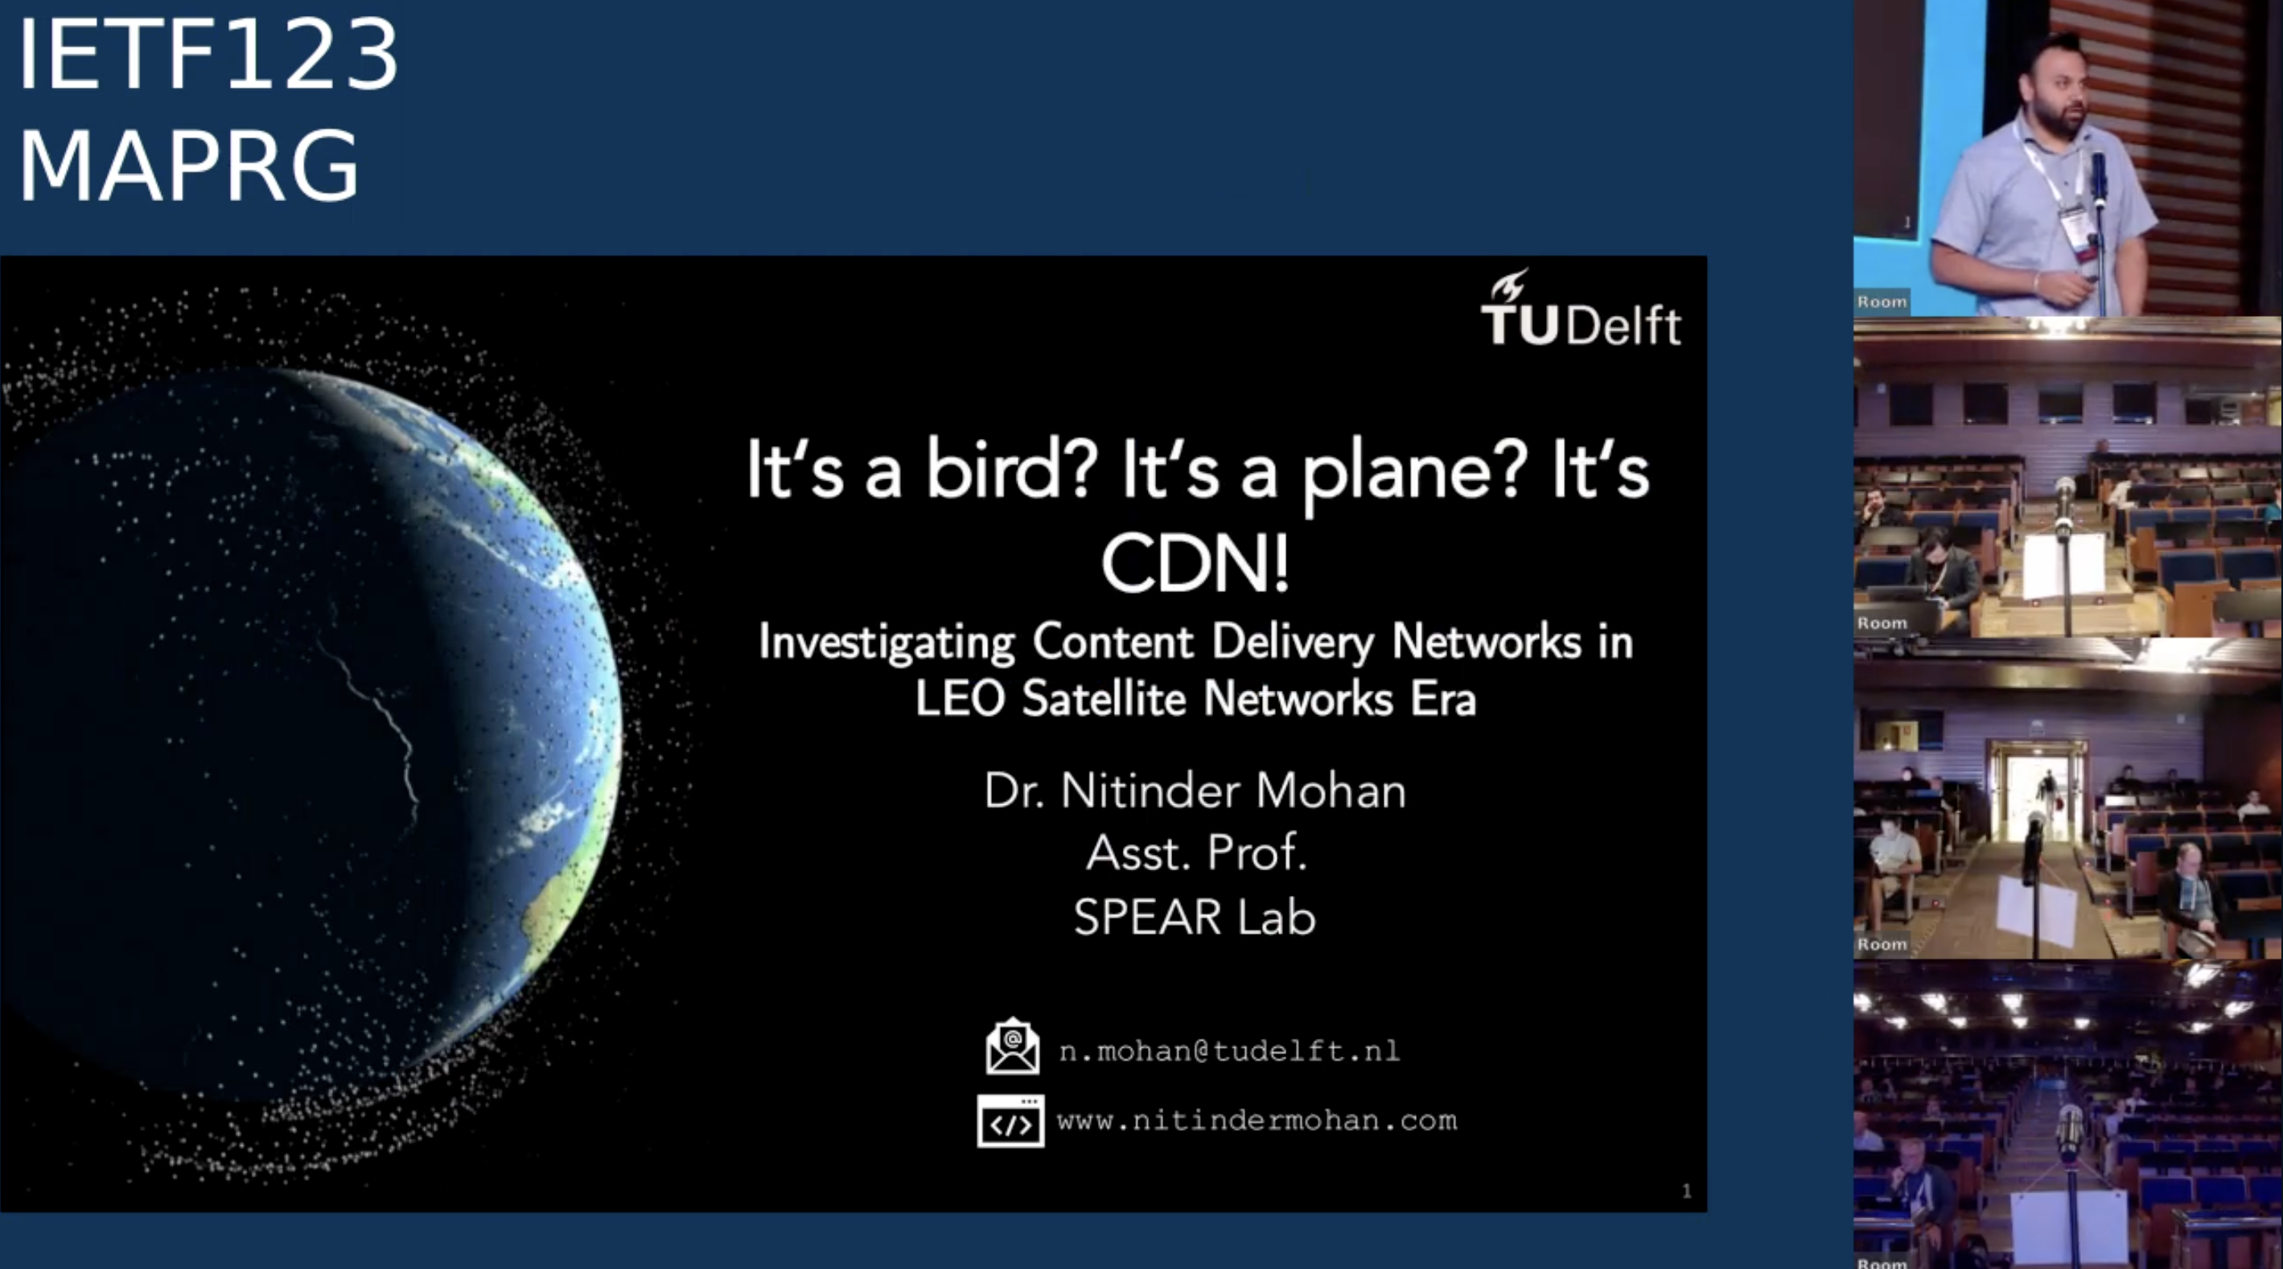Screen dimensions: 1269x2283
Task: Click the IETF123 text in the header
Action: tap(208, 55)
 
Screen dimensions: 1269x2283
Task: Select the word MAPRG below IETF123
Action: tap(188, 165)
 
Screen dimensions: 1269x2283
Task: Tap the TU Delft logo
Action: tap(1580, 310)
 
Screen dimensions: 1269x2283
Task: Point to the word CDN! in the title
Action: tap(1195, 564)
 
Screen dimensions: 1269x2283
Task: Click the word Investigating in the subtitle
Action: tap(886, 642)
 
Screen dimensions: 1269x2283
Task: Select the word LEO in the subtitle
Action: tap(959, 698)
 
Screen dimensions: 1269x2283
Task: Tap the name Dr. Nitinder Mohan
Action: tap(1195, 791)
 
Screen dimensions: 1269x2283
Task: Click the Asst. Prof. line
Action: tap(1196, 852)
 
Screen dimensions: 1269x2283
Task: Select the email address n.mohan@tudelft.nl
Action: tap(1229, 1051)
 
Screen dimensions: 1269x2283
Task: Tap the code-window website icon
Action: tap(1010, 1121)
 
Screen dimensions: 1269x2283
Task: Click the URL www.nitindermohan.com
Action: tap(1257, 1121)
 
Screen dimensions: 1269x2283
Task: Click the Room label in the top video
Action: tap(1882, 302)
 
